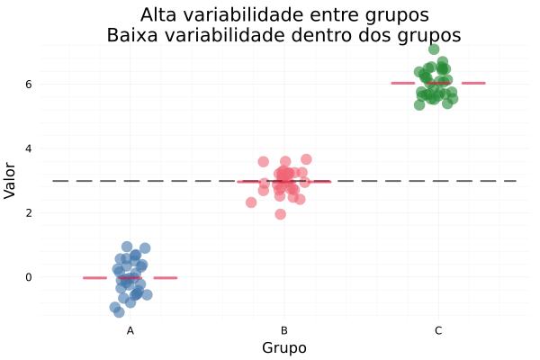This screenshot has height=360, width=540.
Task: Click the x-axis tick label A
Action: [130, 331]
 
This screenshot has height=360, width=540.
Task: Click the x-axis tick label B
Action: [284, 331]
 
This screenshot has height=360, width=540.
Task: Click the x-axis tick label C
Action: [438, 331]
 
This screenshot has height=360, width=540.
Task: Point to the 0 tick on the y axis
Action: [40, 277]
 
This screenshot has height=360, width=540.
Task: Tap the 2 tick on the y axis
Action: [40, 212]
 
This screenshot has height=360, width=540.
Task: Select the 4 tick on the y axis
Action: [40, 148]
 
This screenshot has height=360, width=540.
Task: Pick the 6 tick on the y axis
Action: [40, 84]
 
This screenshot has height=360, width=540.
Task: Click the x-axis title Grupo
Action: [284, 347]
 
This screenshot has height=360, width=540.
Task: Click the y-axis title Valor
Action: [11, 180]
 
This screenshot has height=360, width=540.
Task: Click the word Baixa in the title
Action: [132, 35]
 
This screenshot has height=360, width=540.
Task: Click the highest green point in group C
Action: [434, 49]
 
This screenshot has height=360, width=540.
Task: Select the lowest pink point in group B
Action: [281, 214]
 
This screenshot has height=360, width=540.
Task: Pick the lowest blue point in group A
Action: [119, 312]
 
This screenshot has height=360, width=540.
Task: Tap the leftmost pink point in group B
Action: [251, 202]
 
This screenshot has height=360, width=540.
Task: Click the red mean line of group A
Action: [94, 277]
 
